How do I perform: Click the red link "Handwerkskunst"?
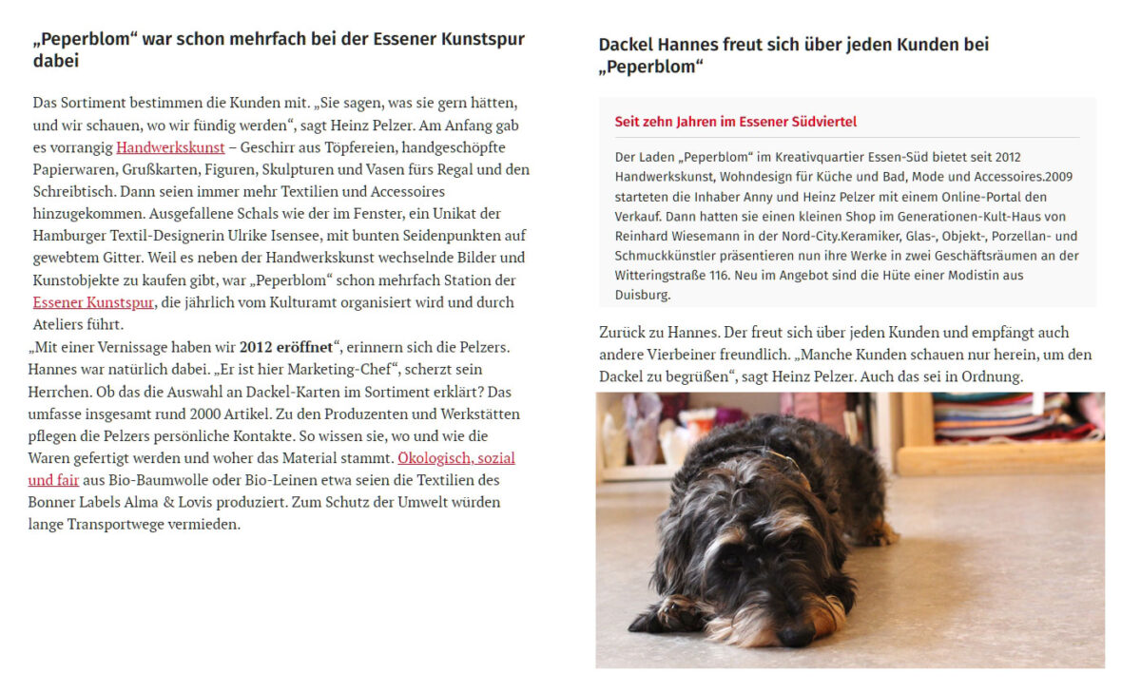pos(170,147)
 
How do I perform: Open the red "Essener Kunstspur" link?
pos(93,302)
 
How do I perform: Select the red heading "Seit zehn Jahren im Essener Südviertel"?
pos(735,122)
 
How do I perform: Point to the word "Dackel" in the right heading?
pos(628,45)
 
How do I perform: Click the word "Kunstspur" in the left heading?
pos(484,40)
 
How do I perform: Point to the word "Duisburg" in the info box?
pos(643,295)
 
